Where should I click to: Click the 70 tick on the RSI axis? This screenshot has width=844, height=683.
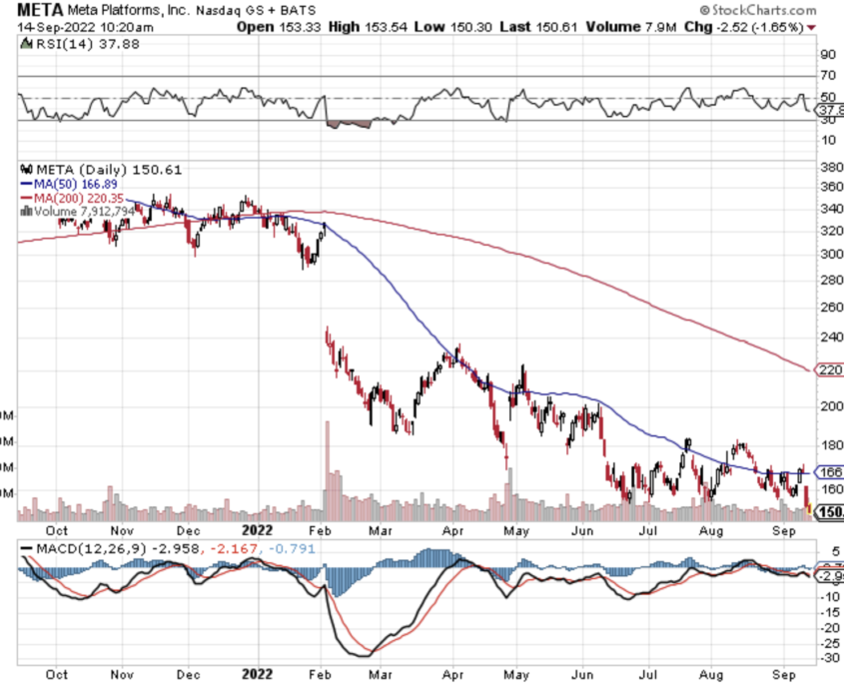point(828,75)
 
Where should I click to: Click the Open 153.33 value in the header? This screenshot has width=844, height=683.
point(275,26)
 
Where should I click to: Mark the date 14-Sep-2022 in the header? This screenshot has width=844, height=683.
point(44,26)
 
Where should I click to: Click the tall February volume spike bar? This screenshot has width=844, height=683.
point(327,469)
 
